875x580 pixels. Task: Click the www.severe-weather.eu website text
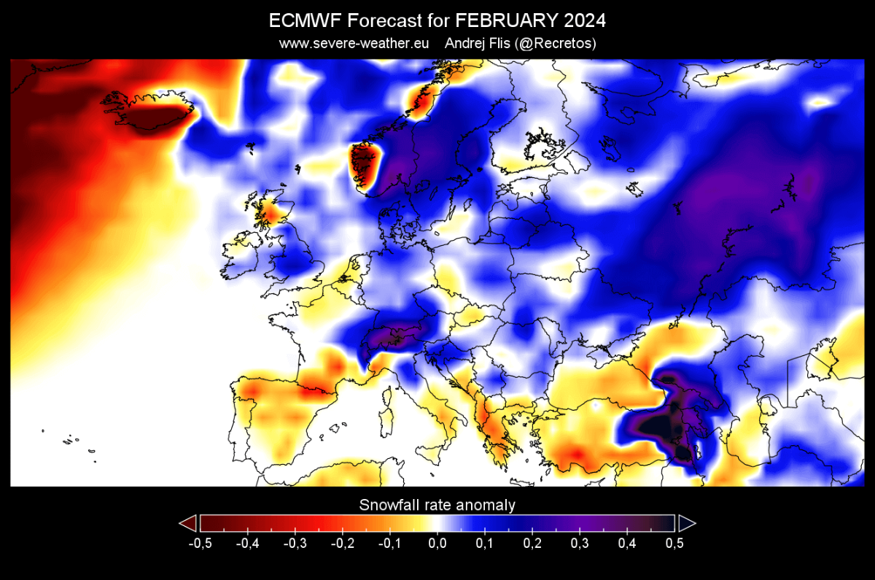(x=354, y=44)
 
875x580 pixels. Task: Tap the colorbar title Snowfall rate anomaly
(x=437, y=505)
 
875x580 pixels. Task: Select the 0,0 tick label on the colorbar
(x=437, y=543)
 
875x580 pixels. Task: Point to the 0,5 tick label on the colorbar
(x=674, y=543)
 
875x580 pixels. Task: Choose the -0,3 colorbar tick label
(x=294, y=543)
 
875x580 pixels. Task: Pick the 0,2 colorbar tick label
(x=532, y=543)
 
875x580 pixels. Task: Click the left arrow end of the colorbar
(x=188, y=523)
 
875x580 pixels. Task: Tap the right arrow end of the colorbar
(x=687, y=523)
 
